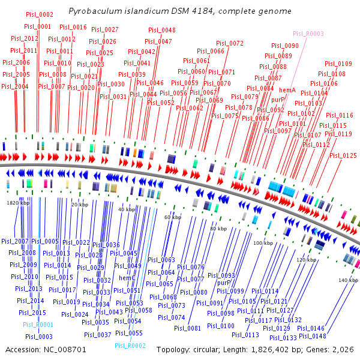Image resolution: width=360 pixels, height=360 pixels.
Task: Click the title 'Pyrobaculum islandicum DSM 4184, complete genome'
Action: (180, 11)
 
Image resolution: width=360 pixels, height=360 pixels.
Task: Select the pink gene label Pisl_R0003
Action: (308, 34)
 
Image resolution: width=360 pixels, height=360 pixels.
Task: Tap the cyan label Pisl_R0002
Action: (130, 346)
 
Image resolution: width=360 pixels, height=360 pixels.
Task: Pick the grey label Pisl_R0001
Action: (38, 325)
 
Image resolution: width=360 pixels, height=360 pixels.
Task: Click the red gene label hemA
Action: (287, 89)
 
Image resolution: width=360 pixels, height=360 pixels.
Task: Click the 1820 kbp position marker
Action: (17, 203)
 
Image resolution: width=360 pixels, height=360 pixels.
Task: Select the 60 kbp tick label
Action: (172, 217)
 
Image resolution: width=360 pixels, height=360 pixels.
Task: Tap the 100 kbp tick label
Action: (262, 243)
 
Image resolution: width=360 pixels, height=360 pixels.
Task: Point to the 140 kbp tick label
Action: (348, 280)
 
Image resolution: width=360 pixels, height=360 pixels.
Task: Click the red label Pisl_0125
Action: (343, 155)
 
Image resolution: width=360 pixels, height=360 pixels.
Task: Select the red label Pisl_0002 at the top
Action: (40, 14)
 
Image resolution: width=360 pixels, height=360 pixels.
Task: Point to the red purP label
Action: (278, 100)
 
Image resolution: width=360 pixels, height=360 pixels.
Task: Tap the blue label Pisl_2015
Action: (32, 313)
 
